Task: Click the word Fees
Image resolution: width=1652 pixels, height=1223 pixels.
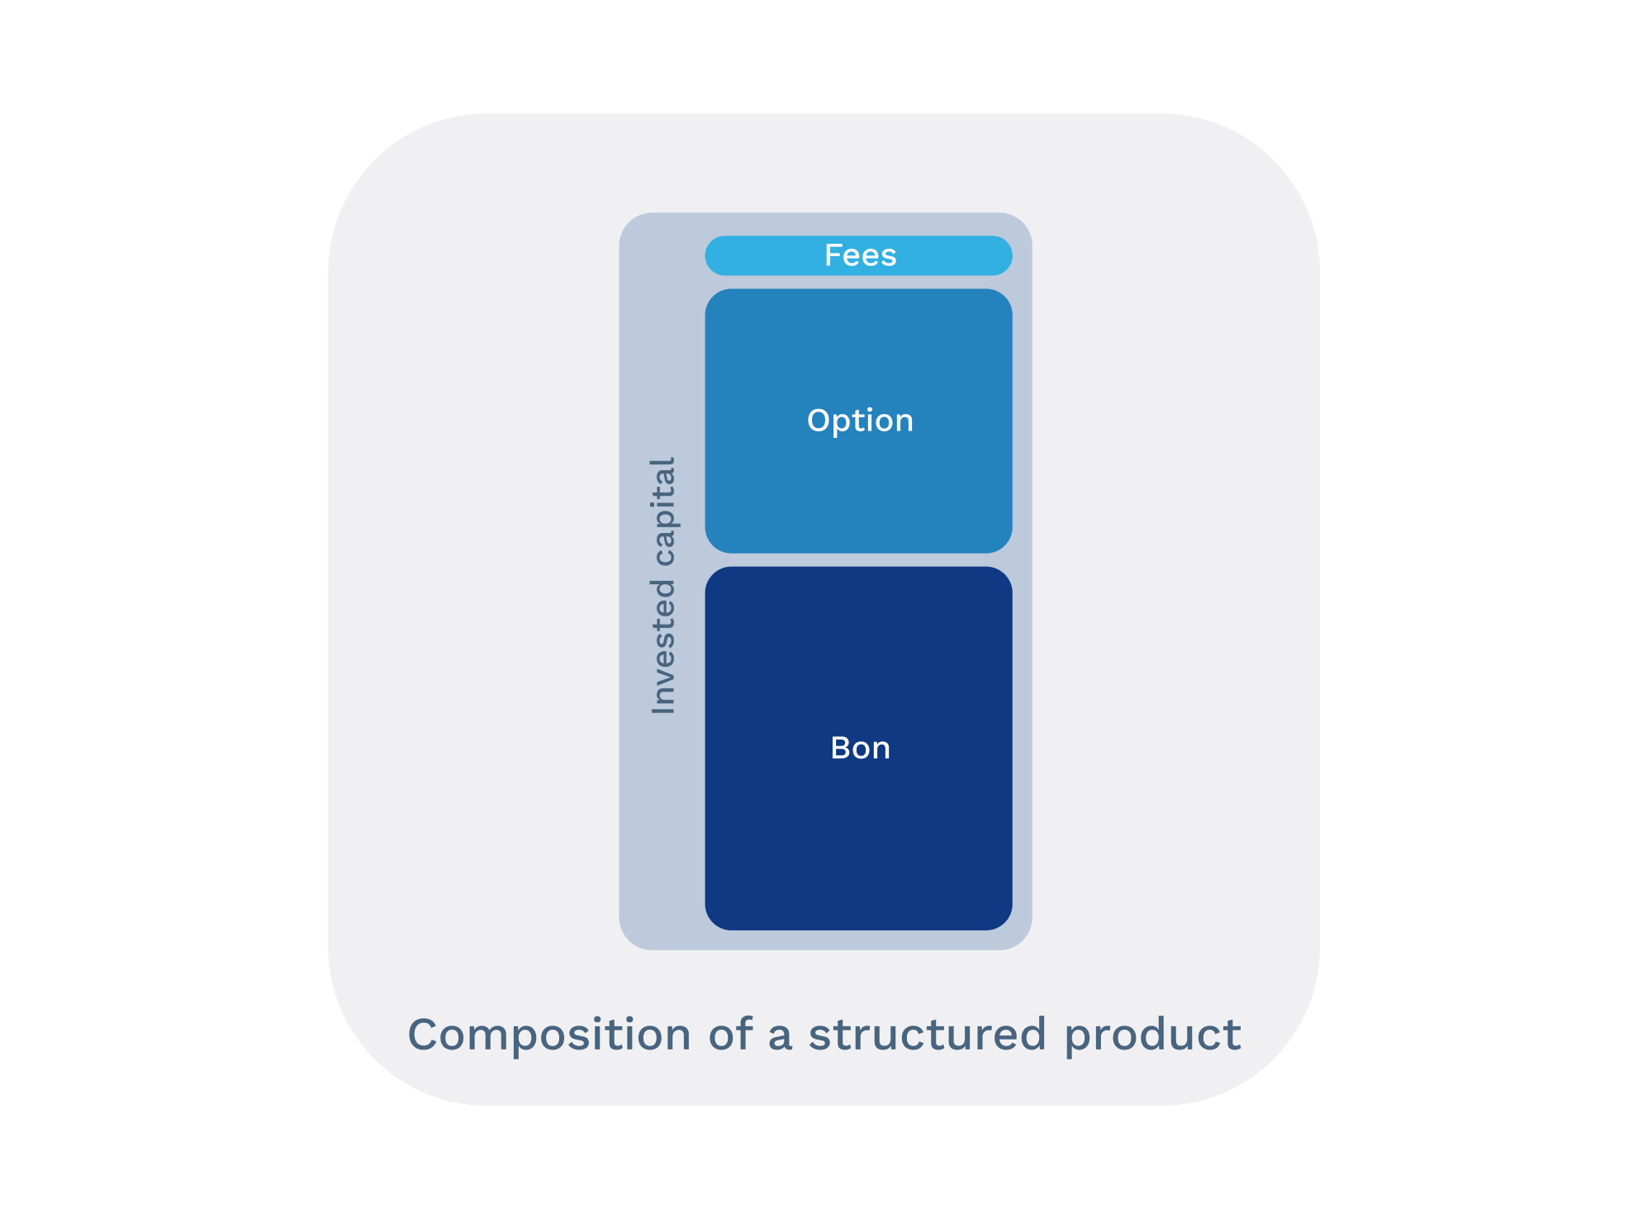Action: point(860,255)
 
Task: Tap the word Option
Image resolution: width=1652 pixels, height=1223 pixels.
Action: point(860,421)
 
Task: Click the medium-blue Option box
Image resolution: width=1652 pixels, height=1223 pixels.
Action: point(859,496)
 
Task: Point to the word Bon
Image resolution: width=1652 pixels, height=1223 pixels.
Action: point(860,748)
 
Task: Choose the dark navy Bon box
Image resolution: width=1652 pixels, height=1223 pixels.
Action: point(859,843)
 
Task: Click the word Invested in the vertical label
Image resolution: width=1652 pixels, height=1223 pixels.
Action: point(663,647)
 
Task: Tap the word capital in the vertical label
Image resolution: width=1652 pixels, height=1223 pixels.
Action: point(663,512)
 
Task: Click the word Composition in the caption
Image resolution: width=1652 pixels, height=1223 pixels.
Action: point(549,1035)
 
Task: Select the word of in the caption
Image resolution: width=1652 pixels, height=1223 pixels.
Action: point(730,1035)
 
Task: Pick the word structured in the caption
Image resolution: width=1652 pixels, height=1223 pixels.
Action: point(927,1035)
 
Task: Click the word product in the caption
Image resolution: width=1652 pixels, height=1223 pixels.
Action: point(1152,1035)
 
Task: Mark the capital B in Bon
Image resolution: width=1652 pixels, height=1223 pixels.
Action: point(840,748)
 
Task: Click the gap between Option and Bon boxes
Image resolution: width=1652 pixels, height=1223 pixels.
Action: point(859,559)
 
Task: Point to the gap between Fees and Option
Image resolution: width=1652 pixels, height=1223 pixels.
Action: point(859,282)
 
